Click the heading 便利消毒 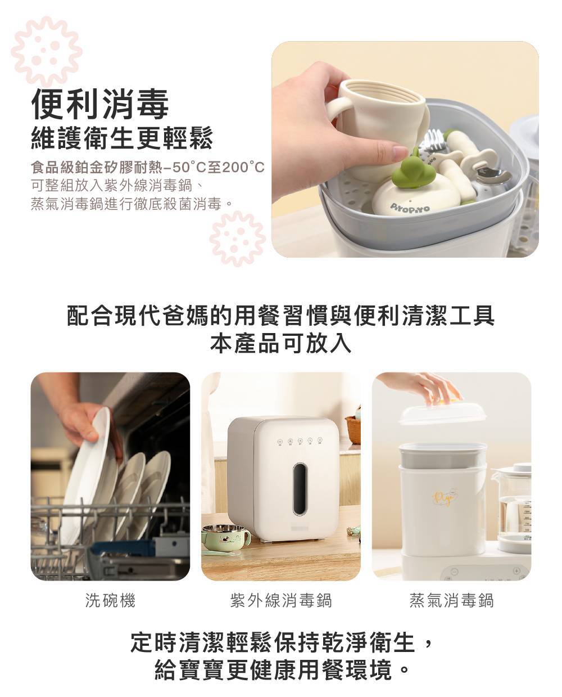tap(100, 104)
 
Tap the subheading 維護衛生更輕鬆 tap(122, 139)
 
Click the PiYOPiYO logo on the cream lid tap(409, 208)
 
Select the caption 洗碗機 tap(110, 600)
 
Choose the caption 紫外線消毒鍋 tap(281, 600)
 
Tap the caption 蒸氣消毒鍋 tap(451, 600)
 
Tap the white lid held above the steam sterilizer tap(443, 413)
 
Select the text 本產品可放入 tap(281, 344)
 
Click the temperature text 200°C tap(243, 167)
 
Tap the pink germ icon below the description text tap(237, 238)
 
